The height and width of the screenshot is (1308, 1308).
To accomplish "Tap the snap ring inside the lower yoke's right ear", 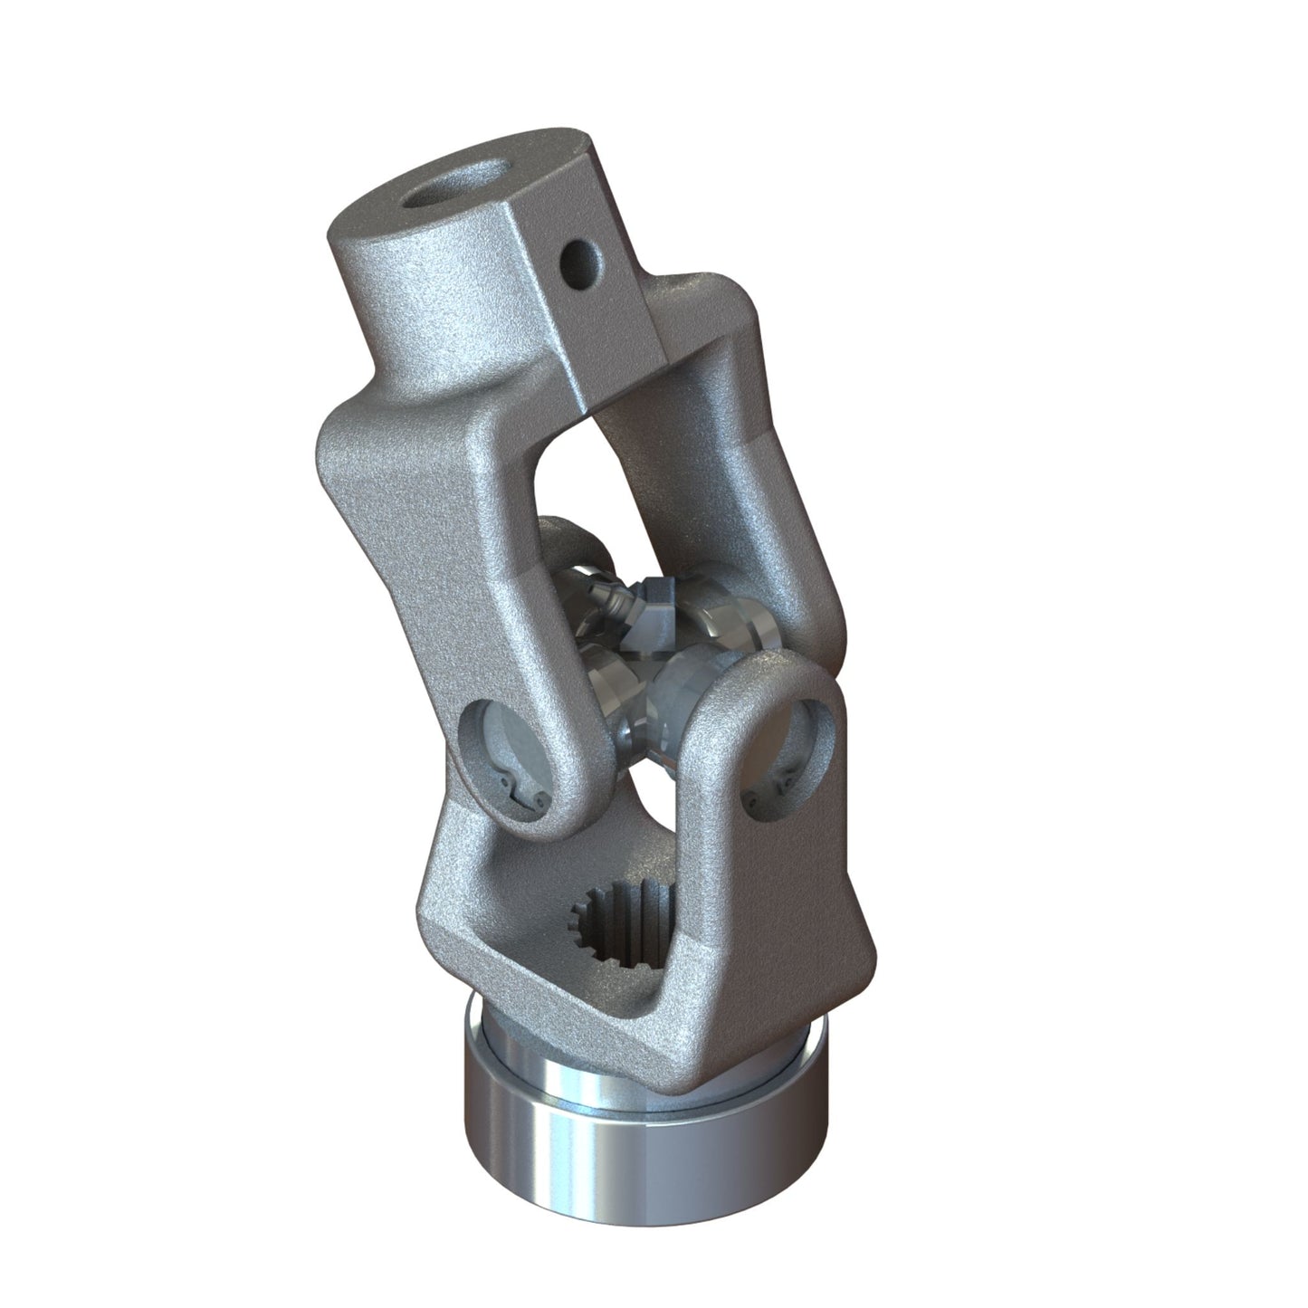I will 786,778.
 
